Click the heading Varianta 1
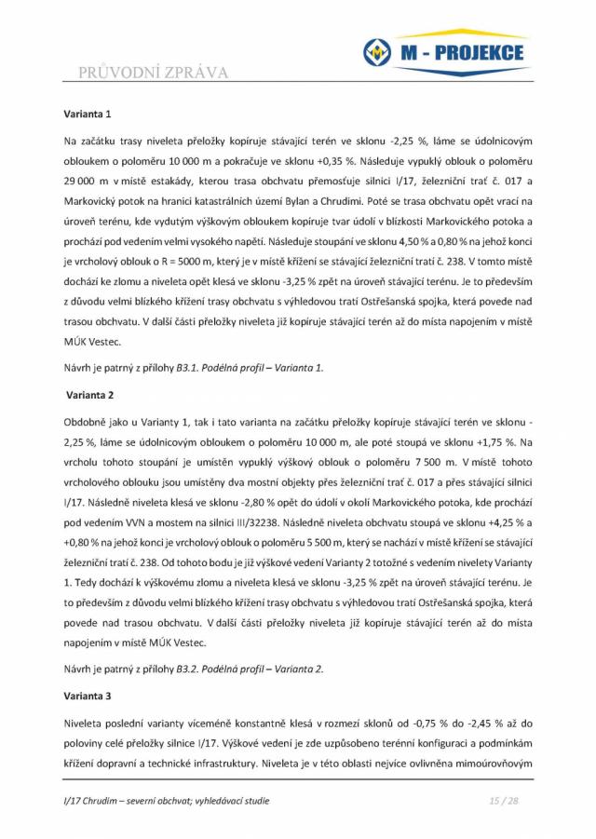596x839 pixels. [x=88, y=115]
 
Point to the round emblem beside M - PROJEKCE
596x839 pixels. [x=376, y=53]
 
